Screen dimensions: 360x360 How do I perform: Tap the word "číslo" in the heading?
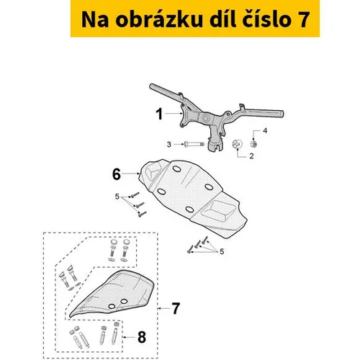(x=267, y=19)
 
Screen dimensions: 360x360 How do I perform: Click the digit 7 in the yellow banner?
(x=303, y=19)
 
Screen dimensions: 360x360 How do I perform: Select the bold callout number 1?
(x=159, y=114)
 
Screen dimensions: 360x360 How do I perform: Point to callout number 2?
(x=251, y=156)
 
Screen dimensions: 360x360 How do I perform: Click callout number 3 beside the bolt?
(x=169, y=145)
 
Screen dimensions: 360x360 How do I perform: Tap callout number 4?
(x=265, y=131)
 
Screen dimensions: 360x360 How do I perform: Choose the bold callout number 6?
(x=117, y=174)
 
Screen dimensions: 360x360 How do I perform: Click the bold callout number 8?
(x=142, y=337)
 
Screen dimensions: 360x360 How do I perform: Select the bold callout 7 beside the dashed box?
(x=176, y=308)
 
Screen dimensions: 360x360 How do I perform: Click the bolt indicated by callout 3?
(x=194, y=145)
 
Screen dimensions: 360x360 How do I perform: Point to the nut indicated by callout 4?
(x=253, y=144)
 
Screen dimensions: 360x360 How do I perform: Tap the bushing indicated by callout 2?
(x=238, y=144)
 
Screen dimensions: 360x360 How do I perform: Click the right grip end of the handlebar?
(x=282, y=114)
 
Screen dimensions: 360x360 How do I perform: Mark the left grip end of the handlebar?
(x=152, y=86)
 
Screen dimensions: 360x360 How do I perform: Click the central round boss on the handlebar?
(x=205, y=119)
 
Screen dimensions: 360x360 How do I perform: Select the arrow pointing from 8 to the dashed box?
(x=129, y=337)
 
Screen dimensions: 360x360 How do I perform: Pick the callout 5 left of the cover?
(x=117, y=197)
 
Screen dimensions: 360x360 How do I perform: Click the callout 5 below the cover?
(x=222, y=251)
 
